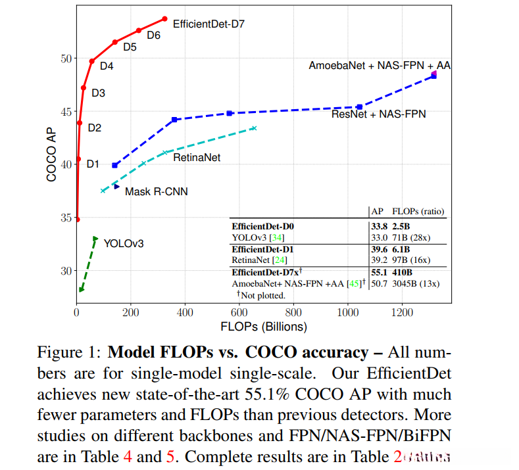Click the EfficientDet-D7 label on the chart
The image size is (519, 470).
coord(209,24)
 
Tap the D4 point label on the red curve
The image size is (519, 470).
coord(107,66)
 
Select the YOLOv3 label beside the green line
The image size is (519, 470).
coord(124,244)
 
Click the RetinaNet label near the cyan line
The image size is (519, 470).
coord(197,158)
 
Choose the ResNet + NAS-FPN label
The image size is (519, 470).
coord(378,114)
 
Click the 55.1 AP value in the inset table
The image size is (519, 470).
coord(380,271)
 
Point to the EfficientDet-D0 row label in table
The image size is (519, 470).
coord(263,226)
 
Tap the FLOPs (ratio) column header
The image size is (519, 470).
coord(418,212)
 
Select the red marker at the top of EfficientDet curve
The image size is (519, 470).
coord(164,19)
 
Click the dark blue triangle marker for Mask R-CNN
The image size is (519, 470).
coord(116,187)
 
